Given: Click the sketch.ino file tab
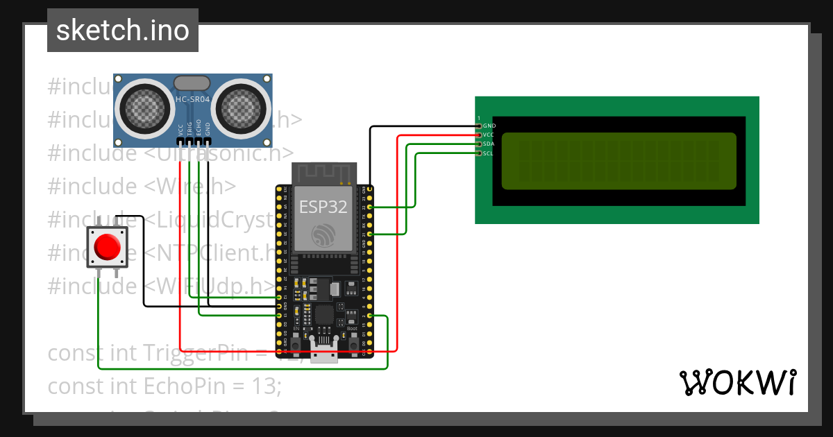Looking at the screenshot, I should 123,31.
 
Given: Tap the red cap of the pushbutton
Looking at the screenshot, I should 108,246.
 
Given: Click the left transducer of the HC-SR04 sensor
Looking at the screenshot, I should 144,107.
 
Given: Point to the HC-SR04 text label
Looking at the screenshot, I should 192,100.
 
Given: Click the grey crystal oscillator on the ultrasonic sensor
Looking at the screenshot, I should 192,83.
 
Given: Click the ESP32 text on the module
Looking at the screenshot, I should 323,207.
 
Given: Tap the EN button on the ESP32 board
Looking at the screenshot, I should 296,343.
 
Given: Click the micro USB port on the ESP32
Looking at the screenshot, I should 324,352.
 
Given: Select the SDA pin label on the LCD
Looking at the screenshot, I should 489,144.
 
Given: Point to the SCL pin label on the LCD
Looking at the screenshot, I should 489,153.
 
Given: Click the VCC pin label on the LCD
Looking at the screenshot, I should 489,135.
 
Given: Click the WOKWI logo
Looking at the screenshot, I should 737,382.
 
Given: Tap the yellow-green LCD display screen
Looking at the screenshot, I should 618,161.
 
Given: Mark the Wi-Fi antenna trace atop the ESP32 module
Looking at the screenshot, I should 323,173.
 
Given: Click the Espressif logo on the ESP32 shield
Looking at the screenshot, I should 323,235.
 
